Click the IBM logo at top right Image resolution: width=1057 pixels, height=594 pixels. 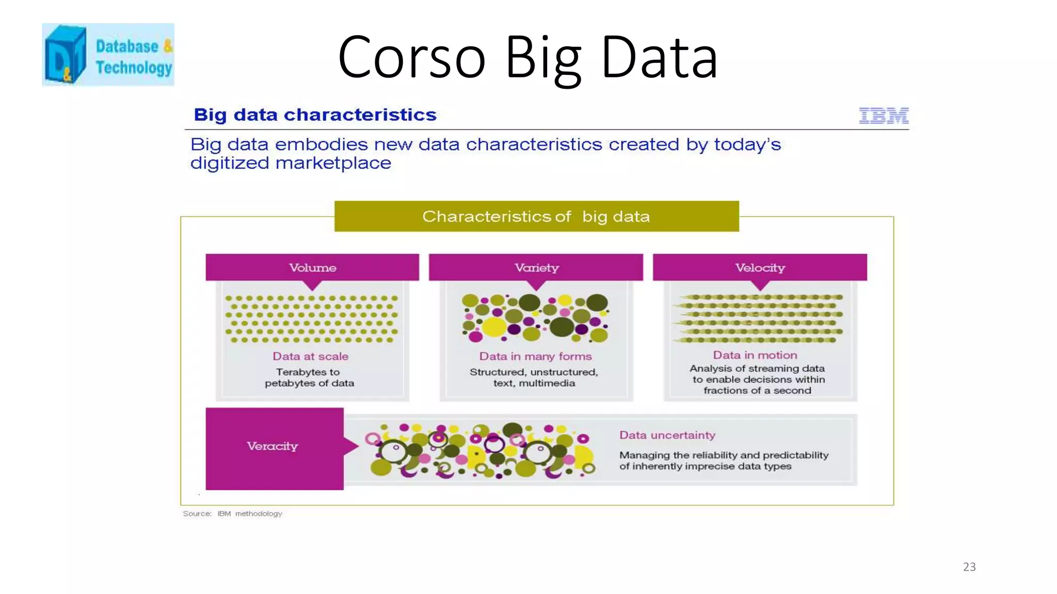click(884, 115)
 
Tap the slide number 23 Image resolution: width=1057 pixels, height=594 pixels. click(969, 567)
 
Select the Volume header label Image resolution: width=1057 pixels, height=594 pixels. click(312, 268)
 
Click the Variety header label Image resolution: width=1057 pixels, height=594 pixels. click(536, 268)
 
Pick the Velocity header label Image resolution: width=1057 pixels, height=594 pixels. click(760, 268)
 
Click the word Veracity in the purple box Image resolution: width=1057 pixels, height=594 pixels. click(272, 446)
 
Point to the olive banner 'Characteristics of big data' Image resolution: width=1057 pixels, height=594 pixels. click(536, 217)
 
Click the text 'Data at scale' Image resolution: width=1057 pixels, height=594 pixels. click(310, 356)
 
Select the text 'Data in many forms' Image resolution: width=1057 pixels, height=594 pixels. click(535, 356)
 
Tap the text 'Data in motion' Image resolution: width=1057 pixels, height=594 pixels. click(755, 355)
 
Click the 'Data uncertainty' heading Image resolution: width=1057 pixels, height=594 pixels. click(667, 435)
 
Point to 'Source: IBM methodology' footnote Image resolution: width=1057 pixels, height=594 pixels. click(232, 514)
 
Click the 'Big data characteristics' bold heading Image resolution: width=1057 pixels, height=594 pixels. click(315, 114)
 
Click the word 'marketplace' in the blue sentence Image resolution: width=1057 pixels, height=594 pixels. click(333, 163)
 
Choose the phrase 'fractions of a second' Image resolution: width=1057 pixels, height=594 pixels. click(757, 390)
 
